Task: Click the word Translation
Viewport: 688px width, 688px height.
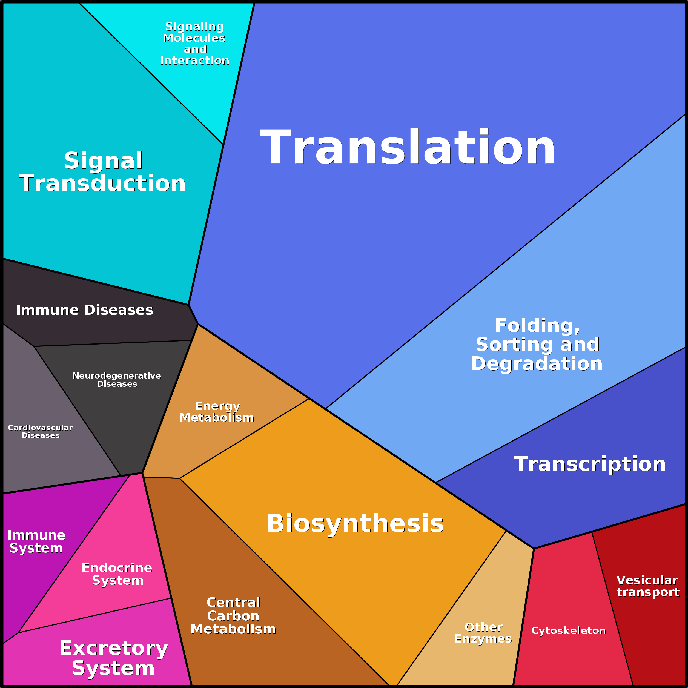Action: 407,147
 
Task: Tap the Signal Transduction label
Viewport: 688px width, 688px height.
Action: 102,172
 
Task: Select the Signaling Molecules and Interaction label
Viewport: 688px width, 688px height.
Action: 194,44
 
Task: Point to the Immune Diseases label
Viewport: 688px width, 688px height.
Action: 84,310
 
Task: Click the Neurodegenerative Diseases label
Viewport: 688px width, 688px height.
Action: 117,380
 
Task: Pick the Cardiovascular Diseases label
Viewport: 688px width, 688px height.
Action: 40,431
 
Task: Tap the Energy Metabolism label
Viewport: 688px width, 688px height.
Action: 217,412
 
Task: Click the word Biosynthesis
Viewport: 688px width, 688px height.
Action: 355,523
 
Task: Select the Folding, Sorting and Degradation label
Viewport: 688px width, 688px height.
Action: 537,344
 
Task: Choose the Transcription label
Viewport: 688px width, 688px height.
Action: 590,464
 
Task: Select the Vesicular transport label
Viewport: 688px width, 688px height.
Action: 648,586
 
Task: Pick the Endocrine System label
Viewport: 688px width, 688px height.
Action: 117,574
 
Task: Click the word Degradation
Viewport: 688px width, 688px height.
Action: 537,364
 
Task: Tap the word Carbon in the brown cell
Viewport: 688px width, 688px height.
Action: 233,616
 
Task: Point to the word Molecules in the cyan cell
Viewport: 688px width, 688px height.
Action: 194,38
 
